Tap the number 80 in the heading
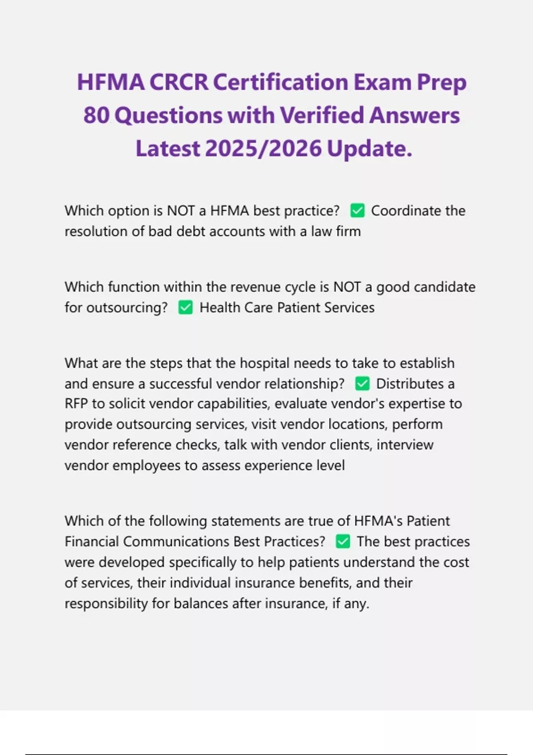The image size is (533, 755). pyautogui.click(x=96, y=115)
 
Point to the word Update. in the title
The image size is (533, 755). pyautogui.click(x=370, y=149)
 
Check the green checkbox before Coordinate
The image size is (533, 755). pyautogui.click(x=358, y=211)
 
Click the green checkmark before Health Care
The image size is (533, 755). pyautogui.click(x=186, y=307)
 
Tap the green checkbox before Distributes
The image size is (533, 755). pyautogui.click(x=362, y=384)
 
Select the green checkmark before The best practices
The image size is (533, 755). pyautogui.click(x=343, y=541)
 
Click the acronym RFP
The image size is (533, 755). pyautogui.click(x=76, y=404)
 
